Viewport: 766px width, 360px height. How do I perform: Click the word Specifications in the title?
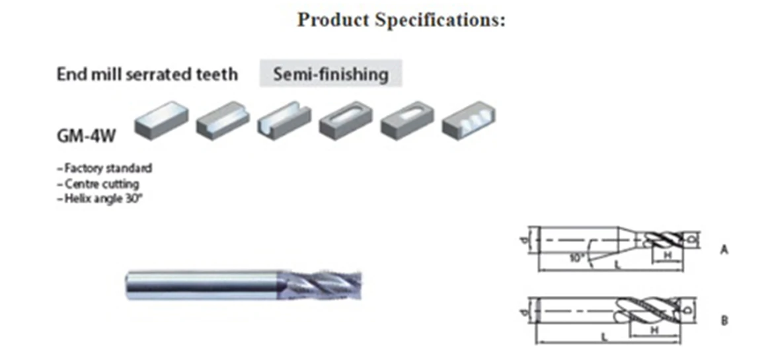[x=440, y=20]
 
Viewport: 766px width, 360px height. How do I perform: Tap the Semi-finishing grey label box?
[x=330, y=74]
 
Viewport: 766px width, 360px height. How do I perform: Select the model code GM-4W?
[x=87, y=136]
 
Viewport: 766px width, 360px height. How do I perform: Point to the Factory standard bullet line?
[x=105, y=168]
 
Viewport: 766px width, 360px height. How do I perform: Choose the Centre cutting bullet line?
[x=98, y=184]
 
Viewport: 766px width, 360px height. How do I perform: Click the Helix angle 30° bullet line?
[x=100, y=199]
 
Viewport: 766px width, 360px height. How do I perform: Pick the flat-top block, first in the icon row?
[x=161, y=120]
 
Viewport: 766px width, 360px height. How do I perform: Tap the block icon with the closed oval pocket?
[x=346, y=121]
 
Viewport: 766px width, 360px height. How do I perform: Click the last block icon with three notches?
[x=469, y=121]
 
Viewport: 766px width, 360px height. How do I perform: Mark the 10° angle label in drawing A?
[x=576, y=257]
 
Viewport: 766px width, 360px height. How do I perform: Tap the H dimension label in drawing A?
[x=668, y=255]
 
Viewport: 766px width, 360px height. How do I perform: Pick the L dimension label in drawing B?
[x=604, y=337]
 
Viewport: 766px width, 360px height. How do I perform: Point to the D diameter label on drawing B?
[x=688, y=310]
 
